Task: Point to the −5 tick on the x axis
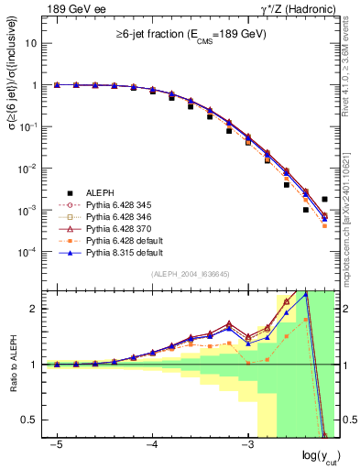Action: (x=56, y=444)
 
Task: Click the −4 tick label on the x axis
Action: (x=151, y=444)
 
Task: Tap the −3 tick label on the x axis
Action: (x=246, y=444)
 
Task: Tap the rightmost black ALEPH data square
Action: (x=324, y=199)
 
